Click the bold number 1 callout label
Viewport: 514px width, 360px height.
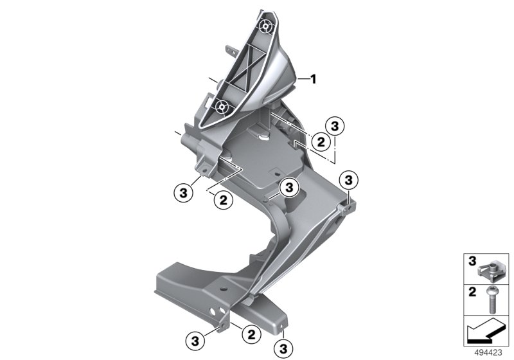[314, 79]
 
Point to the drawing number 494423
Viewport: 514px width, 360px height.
[488, 353]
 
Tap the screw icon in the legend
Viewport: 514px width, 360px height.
[492, 300]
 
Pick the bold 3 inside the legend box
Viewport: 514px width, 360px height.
[472, 261]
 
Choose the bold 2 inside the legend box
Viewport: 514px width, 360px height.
[472, 292]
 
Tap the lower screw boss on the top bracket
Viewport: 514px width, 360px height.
[222, 106]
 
